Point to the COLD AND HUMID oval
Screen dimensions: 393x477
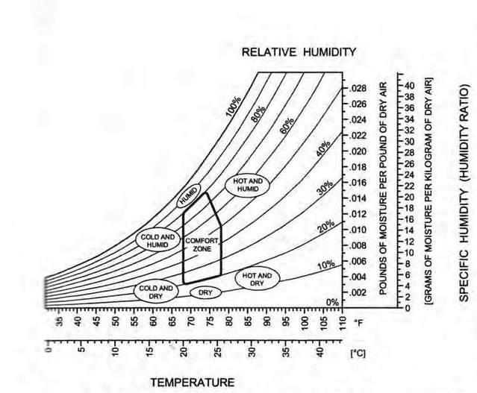click(158, 240)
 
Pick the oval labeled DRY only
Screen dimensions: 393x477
click(206, 293)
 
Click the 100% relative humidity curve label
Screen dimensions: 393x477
click(236, 108)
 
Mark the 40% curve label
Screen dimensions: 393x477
click(323, 151)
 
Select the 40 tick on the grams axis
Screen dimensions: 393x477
click(408, 86)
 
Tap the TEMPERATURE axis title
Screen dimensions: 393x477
click(193, 382)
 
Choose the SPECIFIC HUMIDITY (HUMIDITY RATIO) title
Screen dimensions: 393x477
click(464, 193)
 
